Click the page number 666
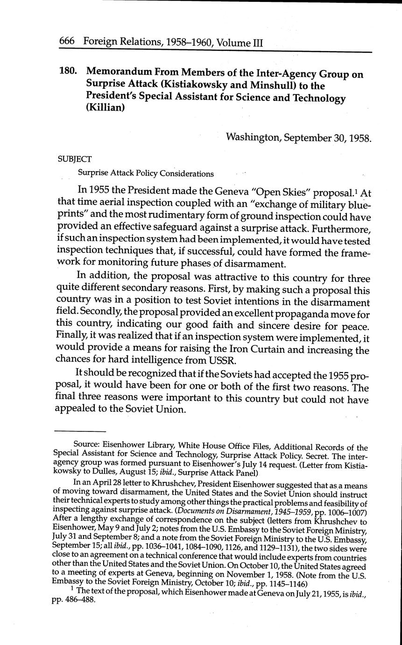(x=68, y=43)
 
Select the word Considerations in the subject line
(x=186, y=174)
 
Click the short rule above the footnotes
(x=80, y=431)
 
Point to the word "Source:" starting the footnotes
(x=86, y=448)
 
